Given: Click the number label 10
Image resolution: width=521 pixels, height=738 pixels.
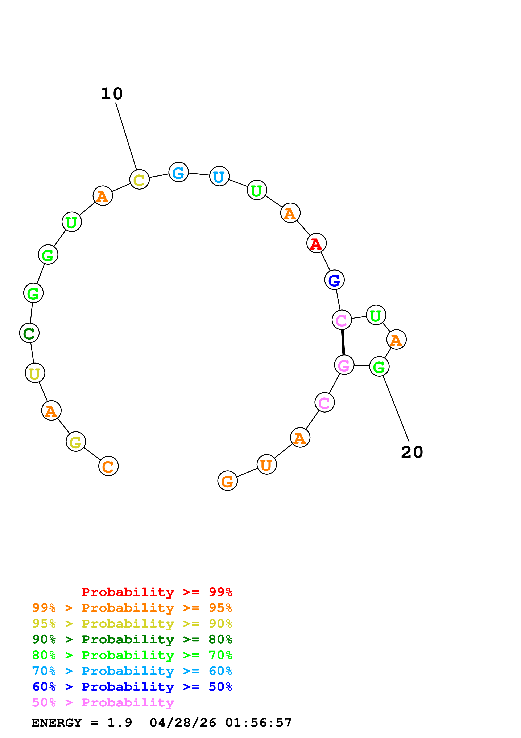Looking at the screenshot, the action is click(x=112, y=94).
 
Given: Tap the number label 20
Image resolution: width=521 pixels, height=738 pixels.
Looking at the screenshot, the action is click(x=412, y=452).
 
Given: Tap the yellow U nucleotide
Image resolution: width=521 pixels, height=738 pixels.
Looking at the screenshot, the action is click(x=35, y=373).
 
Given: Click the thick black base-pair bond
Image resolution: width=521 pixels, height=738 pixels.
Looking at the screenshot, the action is click(x=343, y=342).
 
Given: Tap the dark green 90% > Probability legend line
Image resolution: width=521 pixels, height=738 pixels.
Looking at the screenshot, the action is click(x=132, y=639).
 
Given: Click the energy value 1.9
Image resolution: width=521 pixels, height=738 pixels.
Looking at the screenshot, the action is click(x=119, y=723).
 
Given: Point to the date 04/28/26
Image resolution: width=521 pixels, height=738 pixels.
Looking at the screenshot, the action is click(x=183, y=723).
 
